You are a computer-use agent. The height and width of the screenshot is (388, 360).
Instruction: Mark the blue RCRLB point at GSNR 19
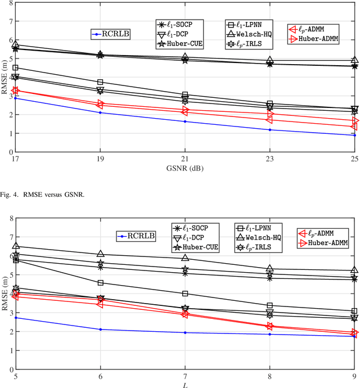(x=100, y=112)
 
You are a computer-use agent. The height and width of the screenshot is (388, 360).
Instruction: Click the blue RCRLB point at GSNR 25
(x=354, y=135)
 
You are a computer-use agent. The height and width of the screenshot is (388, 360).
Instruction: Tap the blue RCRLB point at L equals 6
(x=100, y=329)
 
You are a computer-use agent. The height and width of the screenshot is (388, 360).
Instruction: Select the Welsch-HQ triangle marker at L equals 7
(x=184, y=258)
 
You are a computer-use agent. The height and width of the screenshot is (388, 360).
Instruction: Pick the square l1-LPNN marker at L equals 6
(x=100, y=282)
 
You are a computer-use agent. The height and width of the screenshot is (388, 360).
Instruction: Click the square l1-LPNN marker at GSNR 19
(x=100, y=82)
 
